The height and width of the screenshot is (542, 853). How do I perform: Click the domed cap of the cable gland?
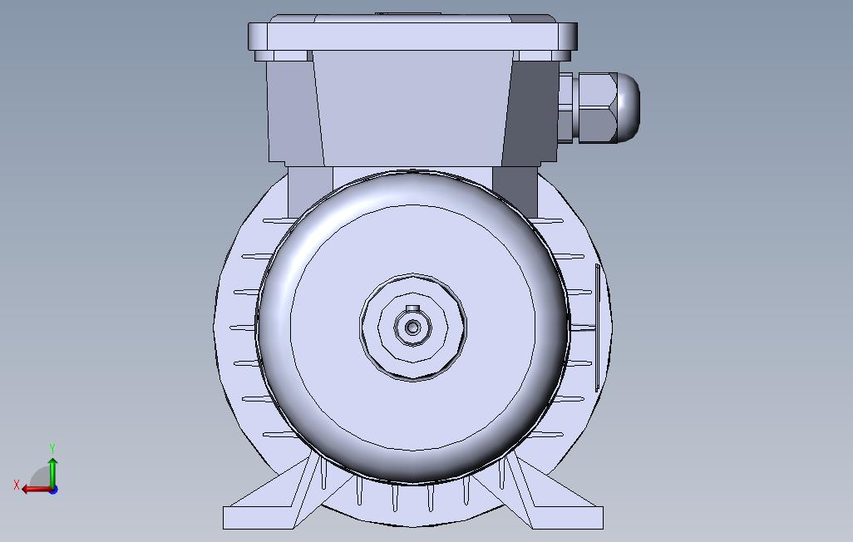point(629,108)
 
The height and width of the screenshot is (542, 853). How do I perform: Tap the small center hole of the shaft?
point(413,328)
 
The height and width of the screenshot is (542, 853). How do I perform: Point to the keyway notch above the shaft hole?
point(413,308)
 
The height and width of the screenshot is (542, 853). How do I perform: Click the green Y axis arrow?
point(52,472)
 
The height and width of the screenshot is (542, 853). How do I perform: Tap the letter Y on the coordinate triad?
point(52,448)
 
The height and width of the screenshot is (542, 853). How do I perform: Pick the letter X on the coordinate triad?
point(17,485)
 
